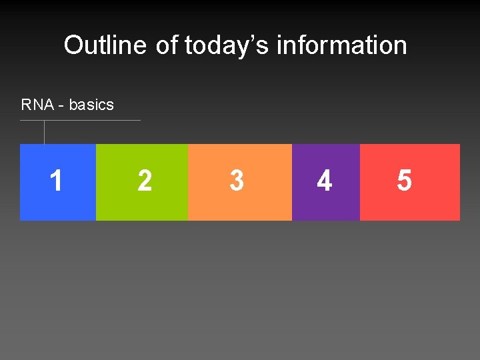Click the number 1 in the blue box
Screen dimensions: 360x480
[57, 181]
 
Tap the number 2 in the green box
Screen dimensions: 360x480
[144, 181]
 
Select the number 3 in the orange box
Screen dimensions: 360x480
[236, 181]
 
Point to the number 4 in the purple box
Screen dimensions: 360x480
[324, 181]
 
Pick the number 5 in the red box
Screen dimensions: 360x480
[404, 181]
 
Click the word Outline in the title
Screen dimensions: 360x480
[105, 45]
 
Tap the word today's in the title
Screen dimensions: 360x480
[227, 45]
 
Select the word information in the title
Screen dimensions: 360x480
[341, 45]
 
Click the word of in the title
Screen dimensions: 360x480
[167, 45]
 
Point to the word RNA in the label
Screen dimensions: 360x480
[37, 105]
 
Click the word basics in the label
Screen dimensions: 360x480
[91, 105]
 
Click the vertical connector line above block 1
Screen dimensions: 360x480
[44, 132]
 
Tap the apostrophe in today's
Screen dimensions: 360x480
[251, 38]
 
